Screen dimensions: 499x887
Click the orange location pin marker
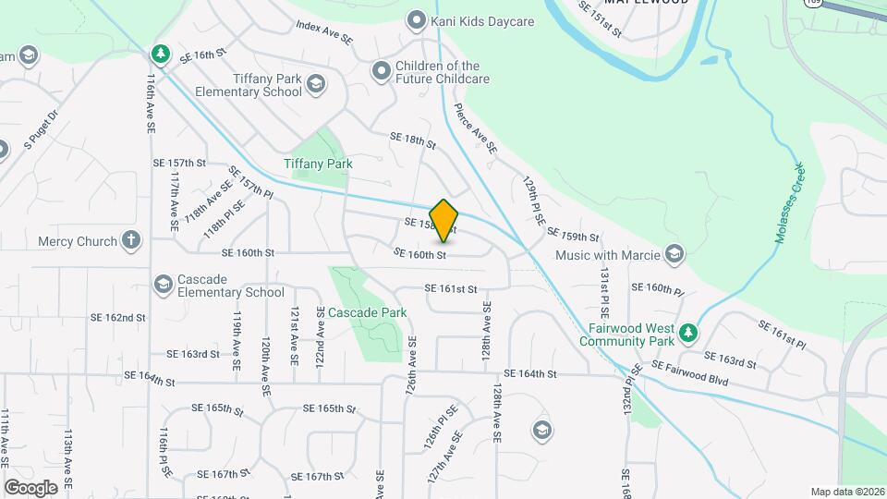pyautogui.click(x=443, y=220)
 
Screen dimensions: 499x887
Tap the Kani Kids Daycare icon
pyautogui.click(x=417, y=19)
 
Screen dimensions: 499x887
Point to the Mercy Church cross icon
pyautogui.click(x=131, y=241)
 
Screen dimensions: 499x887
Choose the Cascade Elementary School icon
pyautogui.click(x=164, y=284)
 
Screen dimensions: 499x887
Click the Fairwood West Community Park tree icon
pyautogui.click(x=687, y=332)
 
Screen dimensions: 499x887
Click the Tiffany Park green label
pyautogui.click(x=318, y=164)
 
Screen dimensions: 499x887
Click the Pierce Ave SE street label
pyautogui.click(x=476, y=128)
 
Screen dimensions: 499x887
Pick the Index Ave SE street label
pyautogui.click(x=324, y=34)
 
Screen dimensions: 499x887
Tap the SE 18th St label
pyautogui.click(x=412, y=140)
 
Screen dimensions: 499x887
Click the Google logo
pyautogui.click(x=30, y=487)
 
